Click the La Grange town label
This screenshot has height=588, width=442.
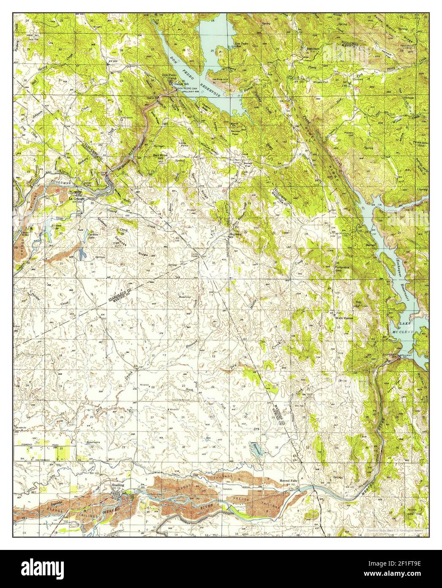click(76, 198)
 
